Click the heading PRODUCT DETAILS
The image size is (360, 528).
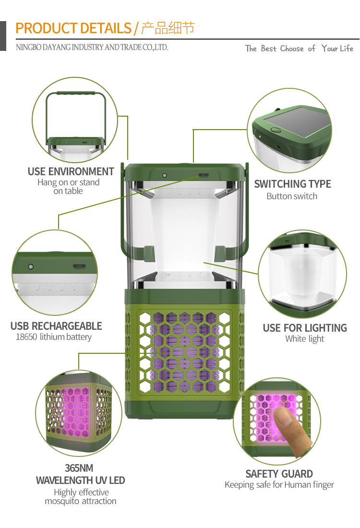coord(73,28)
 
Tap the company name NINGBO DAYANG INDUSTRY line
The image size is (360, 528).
coord(92,47)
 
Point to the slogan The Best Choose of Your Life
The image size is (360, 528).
coord(299,48)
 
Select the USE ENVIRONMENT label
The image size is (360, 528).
coord(71,171)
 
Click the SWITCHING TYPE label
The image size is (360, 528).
coord(292,184)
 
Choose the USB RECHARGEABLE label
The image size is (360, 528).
coord(56,326)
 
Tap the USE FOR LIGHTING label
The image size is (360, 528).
coord(305,328)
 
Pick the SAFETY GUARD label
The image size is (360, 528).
coord(279,474)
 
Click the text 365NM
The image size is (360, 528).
coord(79,468)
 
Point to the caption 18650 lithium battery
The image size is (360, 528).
coord(54,337)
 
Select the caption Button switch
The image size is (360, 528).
coord(292,196)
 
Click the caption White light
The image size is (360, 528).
coord(304,339)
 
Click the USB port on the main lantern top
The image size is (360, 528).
coord(204,175)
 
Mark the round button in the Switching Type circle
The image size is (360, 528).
coord(276,130)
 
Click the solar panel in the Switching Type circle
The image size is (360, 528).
coord(297,122)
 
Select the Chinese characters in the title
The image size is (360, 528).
coord(168,28)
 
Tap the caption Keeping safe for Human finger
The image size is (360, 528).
coord(279,485)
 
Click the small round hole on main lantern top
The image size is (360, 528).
coord(165,175)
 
